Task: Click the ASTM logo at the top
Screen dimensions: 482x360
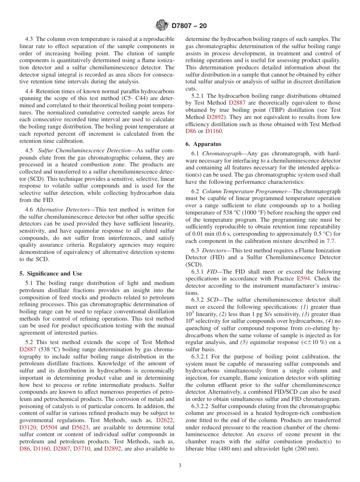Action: [162, 26]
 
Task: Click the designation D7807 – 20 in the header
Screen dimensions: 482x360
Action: [189, 26]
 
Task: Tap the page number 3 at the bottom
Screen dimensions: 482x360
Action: [180, 466]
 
